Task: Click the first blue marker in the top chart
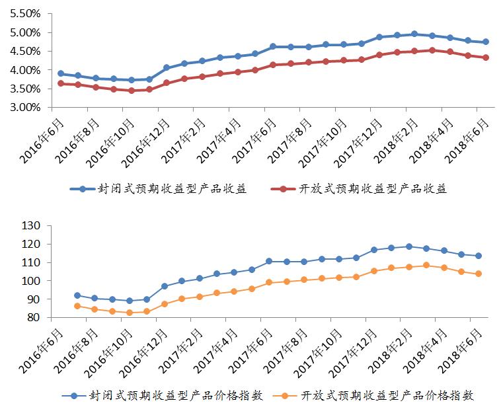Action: coord(61,74)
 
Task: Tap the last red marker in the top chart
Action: coord(486,57)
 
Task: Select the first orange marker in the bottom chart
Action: coord(77,306)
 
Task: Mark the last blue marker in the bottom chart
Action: coord(478,256)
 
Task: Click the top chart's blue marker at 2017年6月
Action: coord(273,47)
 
